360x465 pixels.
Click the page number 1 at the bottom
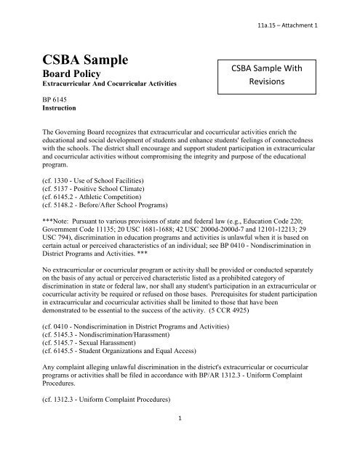[x=180, y=440]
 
